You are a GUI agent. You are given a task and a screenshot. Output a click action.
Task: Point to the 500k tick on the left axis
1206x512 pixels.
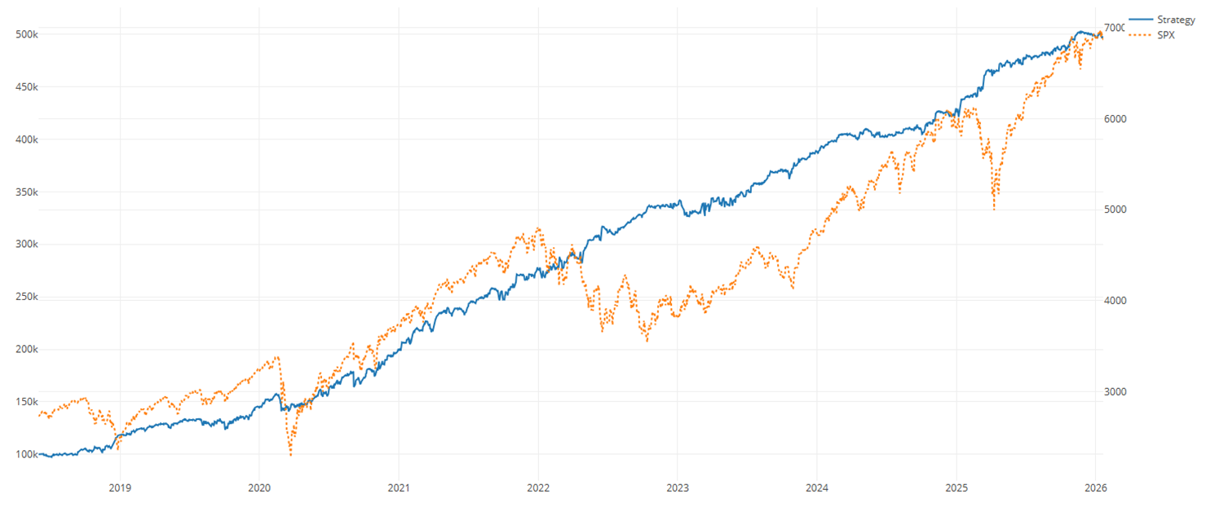pos(27,34)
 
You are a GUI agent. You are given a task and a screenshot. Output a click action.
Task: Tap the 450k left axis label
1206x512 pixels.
pos(27,86)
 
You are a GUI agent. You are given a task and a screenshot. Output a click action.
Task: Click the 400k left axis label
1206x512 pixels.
pos(27,139)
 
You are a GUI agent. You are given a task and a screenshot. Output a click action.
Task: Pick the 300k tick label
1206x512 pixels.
pos(27,245)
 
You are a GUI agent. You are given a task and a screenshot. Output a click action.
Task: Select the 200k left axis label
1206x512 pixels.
pos(27,349)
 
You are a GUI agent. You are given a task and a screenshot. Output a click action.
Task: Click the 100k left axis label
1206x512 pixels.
pos(27,454)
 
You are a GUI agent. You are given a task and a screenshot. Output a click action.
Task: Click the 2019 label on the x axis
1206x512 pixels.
pos(120,488)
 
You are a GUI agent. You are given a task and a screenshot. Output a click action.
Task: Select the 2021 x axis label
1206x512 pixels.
pos(399,488)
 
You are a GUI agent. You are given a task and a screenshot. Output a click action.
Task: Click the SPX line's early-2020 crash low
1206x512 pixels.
pos(290,454)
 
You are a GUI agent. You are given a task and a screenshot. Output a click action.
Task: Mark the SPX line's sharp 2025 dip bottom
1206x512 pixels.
pos(994,210)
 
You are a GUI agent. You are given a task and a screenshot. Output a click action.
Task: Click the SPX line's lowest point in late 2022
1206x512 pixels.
pos(647,340)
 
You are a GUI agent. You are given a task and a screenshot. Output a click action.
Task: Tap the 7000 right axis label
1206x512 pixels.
pos(1115,29)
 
